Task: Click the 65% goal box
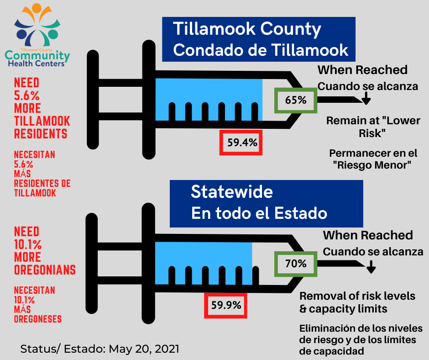(x=296, y=100)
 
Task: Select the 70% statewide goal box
(x=296, y=264)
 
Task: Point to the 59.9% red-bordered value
(x=226, y=305)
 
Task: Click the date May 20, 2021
(x=144, y=349)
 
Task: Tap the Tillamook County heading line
(x=247, y=29)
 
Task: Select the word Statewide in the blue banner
(x=232, y=191)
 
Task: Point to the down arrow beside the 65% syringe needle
(x=366, y=98)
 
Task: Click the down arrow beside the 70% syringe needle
(x=371, y=267)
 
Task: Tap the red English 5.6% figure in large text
(x=27, y=95)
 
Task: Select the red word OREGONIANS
(x=45, y=270)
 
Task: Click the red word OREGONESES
(x=38, y=319)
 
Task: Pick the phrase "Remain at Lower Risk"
(x=373, y=127)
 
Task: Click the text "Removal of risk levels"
(x=357, y=296)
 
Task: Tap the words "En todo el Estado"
(x=259, y=213)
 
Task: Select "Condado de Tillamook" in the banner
(x=261, y=50)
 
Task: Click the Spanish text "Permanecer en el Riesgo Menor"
(x=373, y=159)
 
